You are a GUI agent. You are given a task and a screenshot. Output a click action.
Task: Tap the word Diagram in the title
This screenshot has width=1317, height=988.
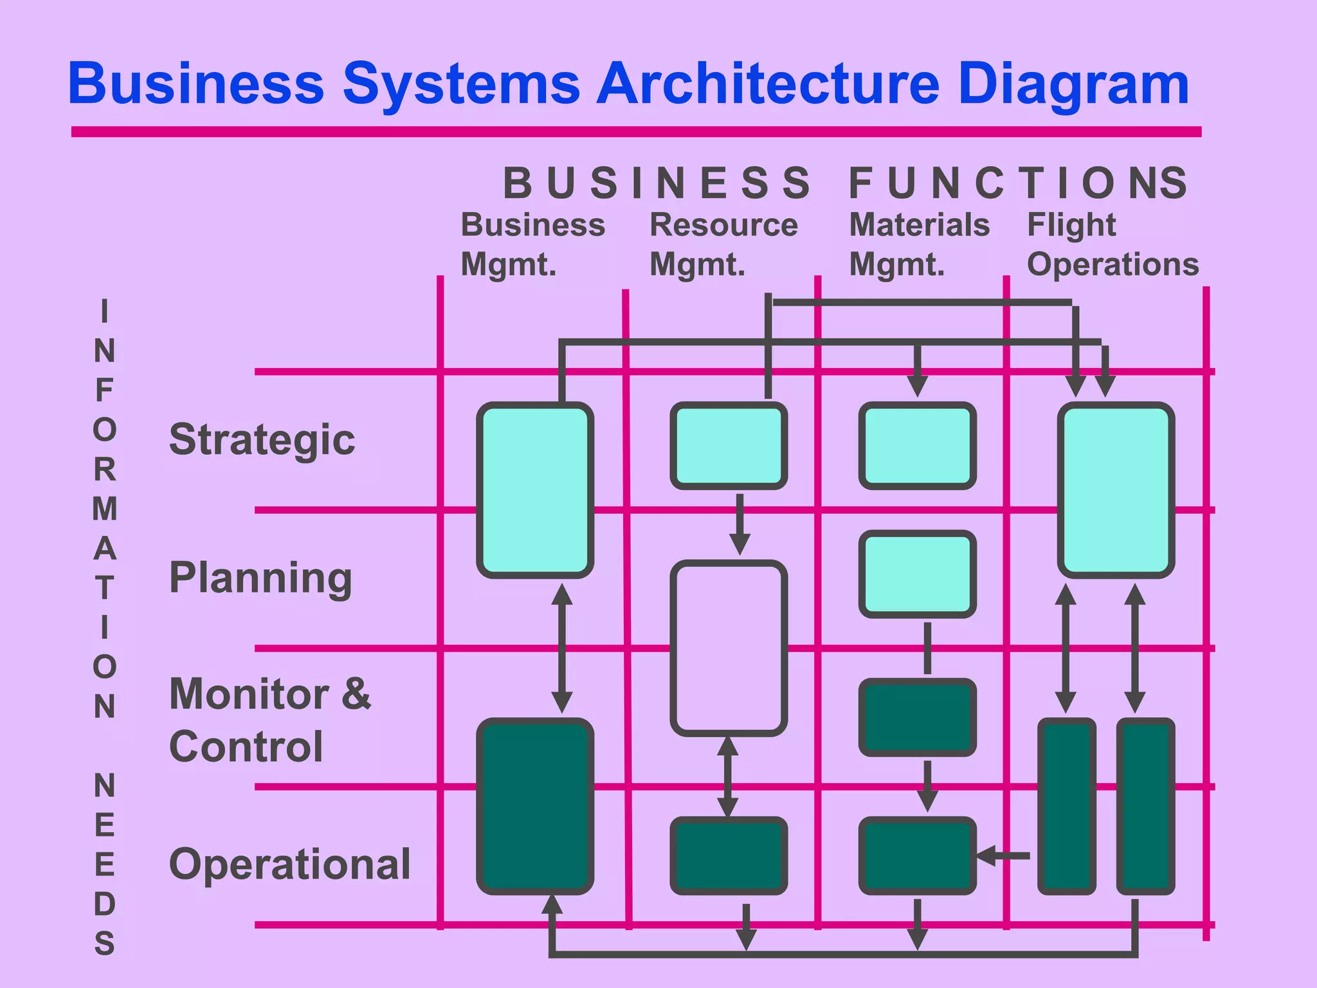click(x=1073, y=85)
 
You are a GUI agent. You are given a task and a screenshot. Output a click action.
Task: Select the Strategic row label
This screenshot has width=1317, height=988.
click(x=262, y=440)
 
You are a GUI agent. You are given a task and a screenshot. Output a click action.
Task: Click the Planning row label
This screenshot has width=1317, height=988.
click(x=260, y=578)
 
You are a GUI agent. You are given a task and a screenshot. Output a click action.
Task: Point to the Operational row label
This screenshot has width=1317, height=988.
click(x=289, y=864)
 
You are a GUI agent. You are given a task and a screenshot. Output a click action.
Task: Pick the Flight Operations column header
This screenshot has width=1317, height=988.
click(x=1112, y=244)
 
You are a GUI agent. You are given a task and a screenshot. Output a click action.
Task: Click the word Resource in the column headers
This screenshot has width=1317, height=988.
click(x=723, y=225)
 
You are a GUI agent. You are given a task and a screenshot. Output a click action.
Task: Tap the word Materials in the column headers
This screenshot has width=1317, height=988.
click(x=919, y=225)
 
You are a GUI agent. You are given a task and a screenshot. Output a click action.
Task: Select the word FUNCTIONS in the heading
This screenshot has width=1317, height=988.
click(x=1017, y=183)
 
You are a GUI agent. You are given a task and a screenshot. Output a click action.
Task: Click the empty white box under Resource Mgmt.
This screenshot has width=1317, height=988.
click(x=729, y=648)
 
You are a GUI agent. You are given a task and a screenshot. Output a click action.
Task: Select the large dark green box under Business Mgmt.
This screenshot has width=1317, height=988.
click(x=535, y=806)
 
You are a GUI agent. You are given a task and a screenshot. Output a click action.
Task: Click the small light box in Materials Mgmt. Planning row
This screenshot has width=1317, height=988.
click(x=918, y=574)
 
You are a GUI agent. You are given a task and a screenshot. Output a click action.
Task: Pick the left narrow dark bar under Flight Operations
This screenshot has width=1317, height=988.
click(x=1067, y=806)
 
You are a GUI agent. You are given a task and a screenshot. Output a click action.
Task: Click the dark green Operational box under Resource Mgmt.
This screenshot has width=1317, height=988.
click(x=729, y=855)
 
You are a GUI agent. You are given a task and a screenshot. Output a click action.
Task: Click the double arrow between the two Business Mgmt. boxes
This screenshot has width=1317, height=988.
click(x=562, y=648)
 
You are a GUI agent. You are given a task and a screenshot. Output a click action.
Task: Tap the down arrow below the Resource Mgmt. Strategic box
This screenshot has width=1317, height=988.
click(x=740, y=524)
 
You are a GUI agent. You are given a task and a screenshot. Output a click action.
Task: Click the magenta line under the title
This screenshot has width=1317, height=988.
click(x=635, y=132)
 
